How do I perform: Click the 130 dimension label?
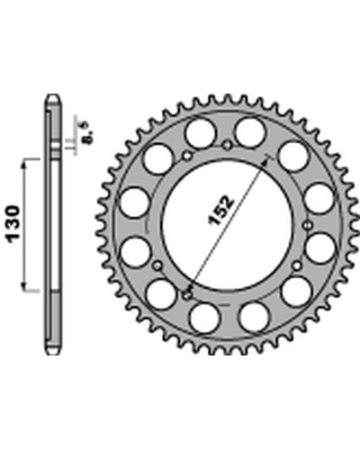click(x=13, y=223)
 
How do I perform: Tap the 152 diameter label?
click(x=221, y=210)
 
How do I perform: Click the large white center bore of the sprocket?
click(x=227, y=225)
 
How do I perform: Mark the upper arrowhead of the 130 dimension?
click(x=24, y=164)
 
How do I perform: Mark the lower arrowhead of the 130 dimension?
click(x=24, y=286)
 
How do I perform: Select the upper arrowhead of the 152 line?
click(x=265, y=160)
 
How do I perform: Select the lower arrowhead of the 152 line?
click(x=191, y=286)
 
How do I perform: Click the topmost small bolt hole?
click(x=227, y=146)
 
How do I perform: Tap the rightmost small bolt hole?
click(x=307, y=225)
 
